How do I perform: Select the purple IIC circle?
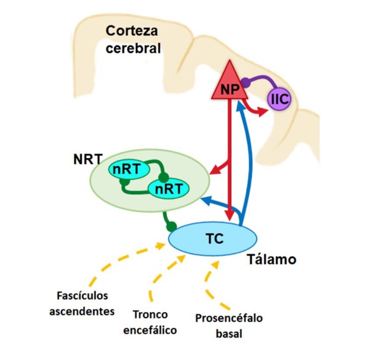click(280, 98)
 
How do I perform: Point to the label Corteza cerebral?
click(132, 40)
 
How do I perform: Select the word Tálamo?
click(273, 259)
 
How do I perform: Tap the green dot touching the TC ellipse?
click(171, 226)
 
